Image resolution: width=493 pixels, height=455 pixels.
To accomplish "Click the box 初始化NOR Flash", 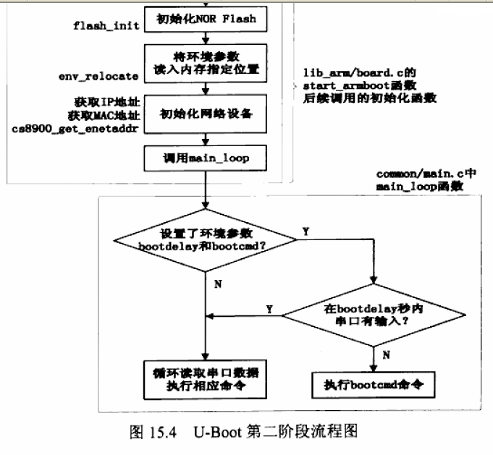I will click(206, 19).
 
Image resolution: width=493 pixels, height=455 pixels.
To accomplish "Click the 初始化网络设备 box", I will click(206, 114).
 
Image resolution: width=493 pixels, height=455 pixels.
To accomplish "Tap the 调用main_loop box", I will click(206, 156).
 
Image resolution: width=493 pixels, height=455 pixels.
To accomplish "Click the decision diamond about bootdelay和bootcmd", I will click(206, 239).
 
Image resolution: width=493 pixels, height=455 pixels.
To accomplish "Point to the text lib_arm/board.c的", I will click(359, 73).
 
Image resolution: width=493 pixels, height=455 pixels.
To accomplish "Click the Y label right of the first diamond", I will click(305, 231).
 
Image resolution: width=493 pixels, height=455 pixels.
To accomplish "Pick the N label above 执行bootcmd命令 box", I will click(385, 356).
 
